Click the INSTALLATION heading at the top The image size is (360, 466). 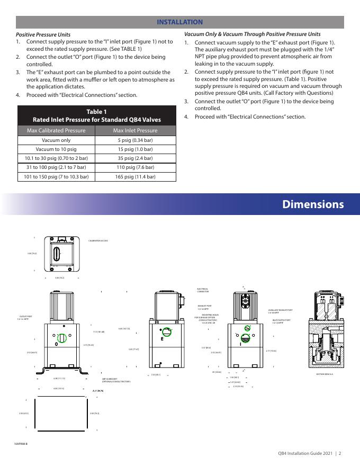click(x=180, y=22)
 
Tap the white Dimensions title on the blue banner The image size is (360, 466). click(x=312, y=204)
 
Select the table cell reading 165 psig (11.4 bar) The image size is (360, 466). click(x=136, y=177)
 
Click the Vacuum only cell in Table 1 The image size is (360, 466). click(x=56, y=141)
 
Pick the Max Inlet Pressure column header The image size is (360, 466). click(x=136, y=130)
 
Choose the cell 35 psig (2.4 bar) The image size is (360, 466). click(x=136, y=158)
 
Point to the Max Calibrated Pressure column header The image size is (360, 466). click(x=56, y=130)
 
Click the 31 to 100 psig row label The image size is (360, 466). click(x=56, y=167)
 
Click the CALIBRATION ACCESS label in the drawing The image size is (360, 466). click(x=98, y=241)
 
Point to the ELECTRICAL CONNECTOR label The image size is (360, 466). click(x=203, y=290)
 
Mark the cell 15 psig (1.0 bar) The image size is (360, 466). click(x=136, y=149)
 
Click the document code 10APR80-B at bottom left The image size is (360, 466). click(x=22, y=443)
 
